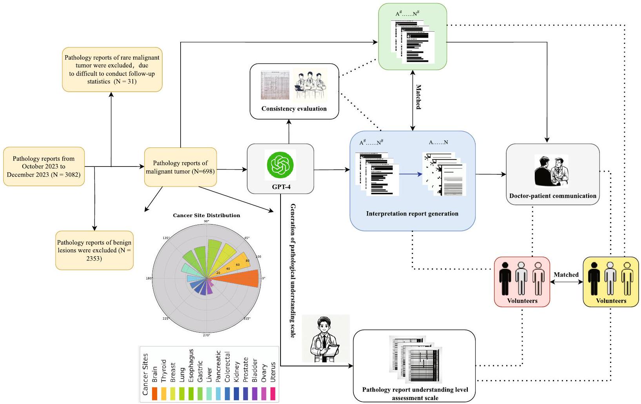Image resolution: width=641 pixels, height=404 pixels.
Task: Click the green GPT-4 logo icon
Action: pos(280,165)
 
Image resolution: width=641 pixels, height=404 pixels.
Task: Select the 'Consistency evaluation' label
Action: pos(294,109)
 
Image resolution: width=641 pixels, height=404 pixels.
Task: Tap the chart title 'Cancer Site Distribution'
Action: pos(206,216)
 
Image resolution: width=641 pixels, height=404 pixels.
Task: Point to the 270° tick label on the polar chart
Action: pos(206,335)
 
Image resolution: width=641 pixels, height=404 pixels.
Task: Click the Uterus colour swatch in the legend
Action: pos(273,393)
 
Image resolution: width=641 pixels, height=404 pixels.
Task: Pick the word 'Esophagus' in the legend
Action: pos(191,366)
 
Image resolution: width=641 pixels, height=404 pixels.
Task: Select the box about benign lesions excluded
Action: pos(94,250)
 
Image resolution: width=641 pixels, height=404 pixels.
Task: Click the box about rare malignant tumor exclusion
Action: pos(112,69)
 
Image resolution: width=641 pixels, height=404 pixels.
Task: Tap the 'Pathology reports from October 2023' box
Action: pos(44,167)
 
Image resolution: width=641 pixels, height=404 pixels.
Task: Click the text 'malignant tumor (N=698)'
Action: pos(180,171)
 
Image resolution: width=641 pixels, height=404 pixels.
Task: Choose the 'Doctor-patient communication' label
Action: pos(552,196)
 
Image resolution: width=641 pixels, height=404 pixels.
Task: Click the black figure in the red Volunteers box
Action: pos(505,279)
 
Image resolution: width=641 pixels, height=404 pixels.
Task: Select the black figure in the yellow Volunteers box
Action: pos(594,279)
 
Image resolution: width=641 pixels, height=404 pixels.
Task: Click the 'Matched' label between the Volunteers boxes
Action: pos(566,275)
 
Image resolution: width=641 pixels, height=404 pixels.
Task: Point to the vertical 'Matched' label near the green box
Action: pos(418,97)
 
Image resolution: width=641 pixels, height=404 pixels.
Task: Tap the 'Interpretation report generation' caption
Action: pos(412,214)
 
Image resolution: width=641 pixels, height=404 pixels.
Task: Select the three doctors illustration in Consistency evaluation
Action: pos(310,85)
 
